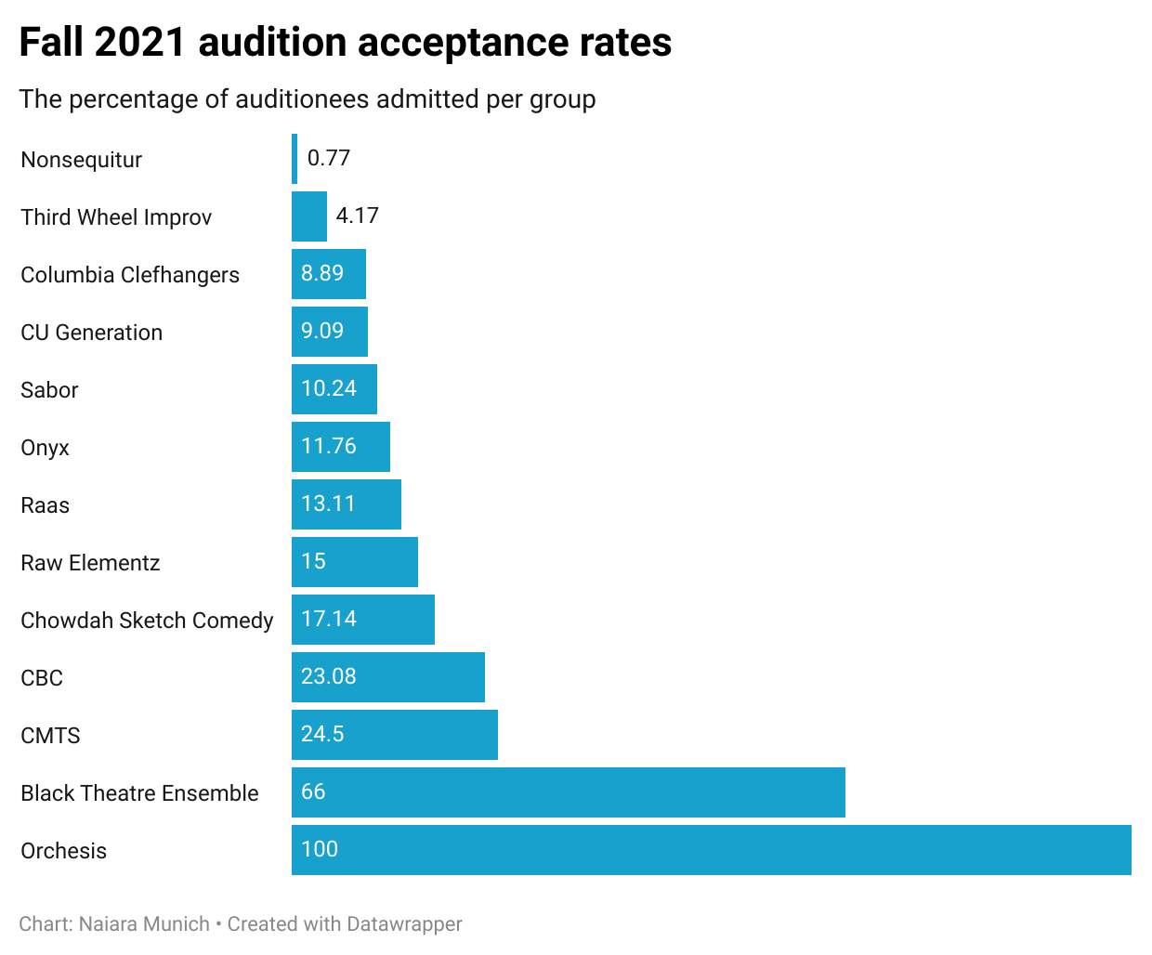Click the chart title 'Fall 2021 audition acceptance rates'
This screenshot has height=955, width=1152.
pos(345,43)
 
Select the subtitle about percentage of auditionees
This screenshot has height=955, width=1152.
pos(308,99)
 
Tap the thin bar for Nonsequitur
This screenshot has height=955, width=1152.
pos(295,159)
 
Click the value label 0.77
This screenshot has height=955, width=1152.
pos(329,158)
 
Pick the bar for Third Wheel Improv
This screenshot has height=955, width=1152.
pos(309,216)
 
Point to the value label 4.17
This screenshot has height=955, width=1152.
pos(357,216)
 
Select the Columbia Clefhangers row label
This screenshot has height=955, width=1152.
pos(130,275)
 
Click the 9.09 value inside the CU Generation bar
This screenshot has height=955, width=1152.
pos(322,331)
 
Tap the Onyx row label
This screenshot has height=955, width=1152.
pos(45,448)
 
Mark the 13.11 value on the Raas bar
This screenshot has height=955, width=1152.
pos(328,504)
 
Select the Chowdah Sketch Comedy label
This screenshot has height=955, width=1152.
pos(147,621)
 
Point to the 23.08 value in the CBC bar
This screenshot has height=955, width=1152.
pos(329,676)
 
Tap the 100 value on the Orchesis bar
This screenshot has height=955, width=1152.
pos(320,849)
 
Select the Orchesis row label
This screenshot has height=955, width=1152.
pos(63,851)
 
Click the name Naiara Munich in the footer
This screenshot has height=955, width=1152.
pos(144,924)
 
